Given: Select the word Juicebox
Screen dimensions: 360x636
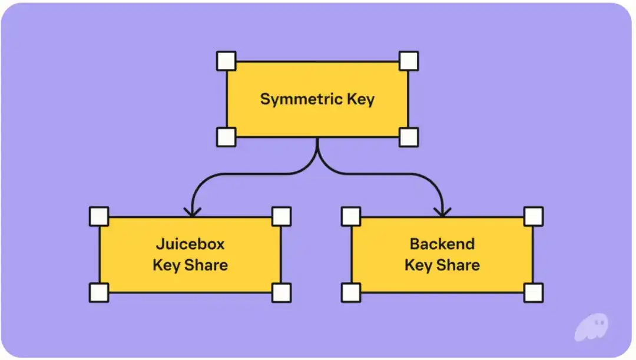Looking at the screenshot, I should pyautogui.click(x=190, y=244).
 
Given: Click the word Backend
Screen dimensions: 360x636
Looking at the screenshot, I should pyautogui.click(x=442, y=244).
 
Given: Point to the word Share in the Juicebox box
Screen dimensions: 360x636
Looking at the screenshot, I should pyautogui.click(x=206, y=265).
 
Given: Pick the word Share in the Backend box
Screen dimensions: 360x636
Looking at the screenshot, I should pyautogui.click(x=458, y=265).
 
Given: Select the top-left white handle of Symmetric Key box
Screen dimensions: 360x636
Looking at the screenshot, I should pyautogui.click(x=226, y=61).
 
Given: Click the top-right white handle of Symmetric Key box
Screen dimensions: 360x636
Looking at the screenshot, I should pyautogui.click(x=408, y=61).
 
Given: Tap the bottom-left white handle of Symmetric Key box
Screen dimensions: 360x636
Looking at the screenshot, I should pyautogui.click(x=226, y=137).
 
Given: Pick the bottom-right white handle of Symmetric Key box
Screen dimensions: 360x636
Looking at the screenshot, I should pyautogui.click(x=408, y=137).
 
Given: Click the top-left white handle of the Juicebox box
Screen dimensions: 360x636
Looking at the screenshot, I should pyautogui.click(x=99, y=216).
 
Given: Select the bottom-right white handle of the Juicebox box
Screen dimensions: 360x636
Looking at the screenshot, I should pyautogui.click(x=281, y=292).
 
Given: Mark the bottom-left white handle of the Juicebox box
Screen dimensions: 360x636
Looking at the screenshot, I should pyautogui.click(x=99, y=292).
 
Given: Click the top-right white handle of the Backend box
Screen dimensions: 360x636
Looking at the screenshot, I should pyautogui.click(x=534, y=216).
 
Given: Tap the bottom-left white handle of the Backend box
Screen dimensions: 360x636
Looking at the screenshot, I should pyautogui.click(x=351, y=292).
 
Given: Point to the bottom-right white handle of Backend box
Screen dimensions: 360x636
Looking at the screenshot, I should pyautogui.click(x=534, y=292).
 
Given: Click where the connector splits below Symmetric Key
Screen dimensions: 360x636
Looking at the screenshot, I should pyautogui.click(x=317, y=154).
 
